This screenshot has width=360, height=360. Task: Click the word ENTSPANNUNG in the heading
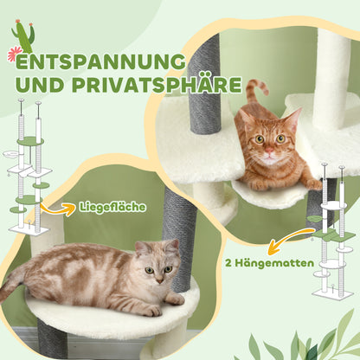[x=100, y=63]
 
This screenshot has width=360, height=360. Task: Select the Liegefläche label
[x=108, y=208]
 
